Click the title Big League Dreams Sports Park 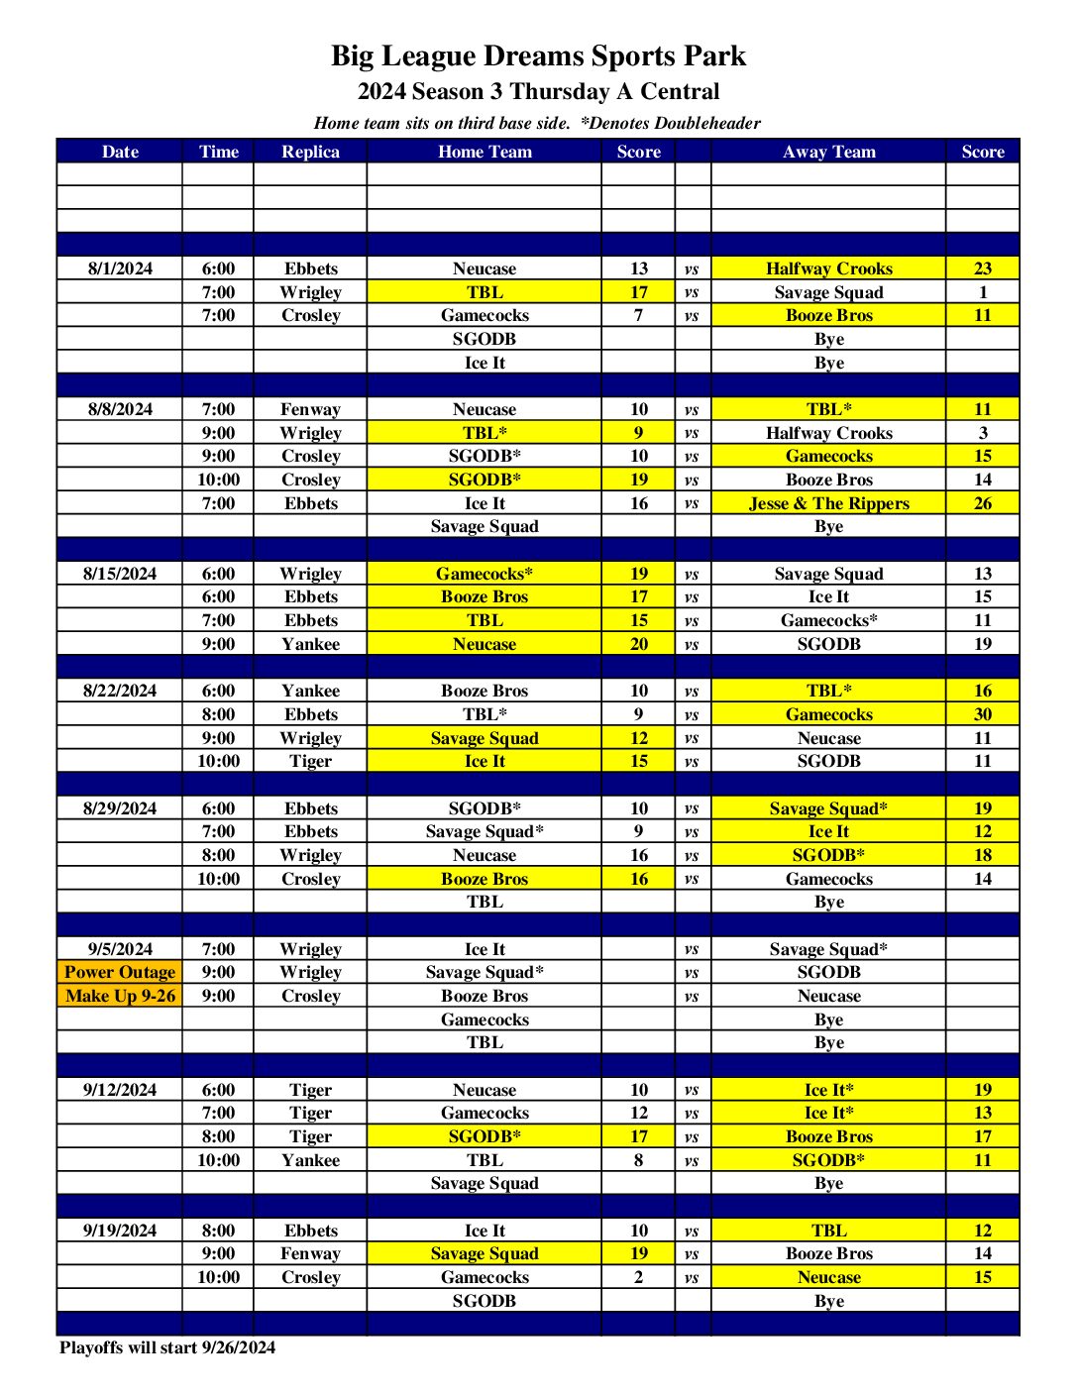(538, 55)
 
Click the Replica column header (310, 152)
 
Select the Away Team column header (828, 152)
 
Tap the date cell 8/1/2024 (120, 268)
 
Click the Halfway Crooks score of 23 (982, 268)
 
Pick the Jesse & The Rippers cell (828, 503)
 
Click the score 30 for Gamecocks (982, 714)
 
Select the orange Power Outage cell (120, 972)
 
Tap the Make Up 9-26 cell (120, 996)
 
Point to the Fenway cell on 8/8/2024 (310, 409)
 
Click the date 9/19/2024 (120, 1231)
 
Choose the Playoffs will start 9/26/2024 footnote (167, 1347)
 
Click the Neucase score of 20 (639, 644)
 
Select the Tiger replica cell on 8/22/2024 (310, 761)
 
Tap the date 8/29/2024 (120, 808)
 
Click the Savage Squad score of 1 (982, 292)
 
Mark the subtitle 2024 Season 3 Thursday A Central (538, 91)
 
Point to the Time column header (218, 152)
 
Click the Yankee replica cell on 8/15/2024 (310, 644)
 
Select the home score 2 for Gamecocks (639, 1277)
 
